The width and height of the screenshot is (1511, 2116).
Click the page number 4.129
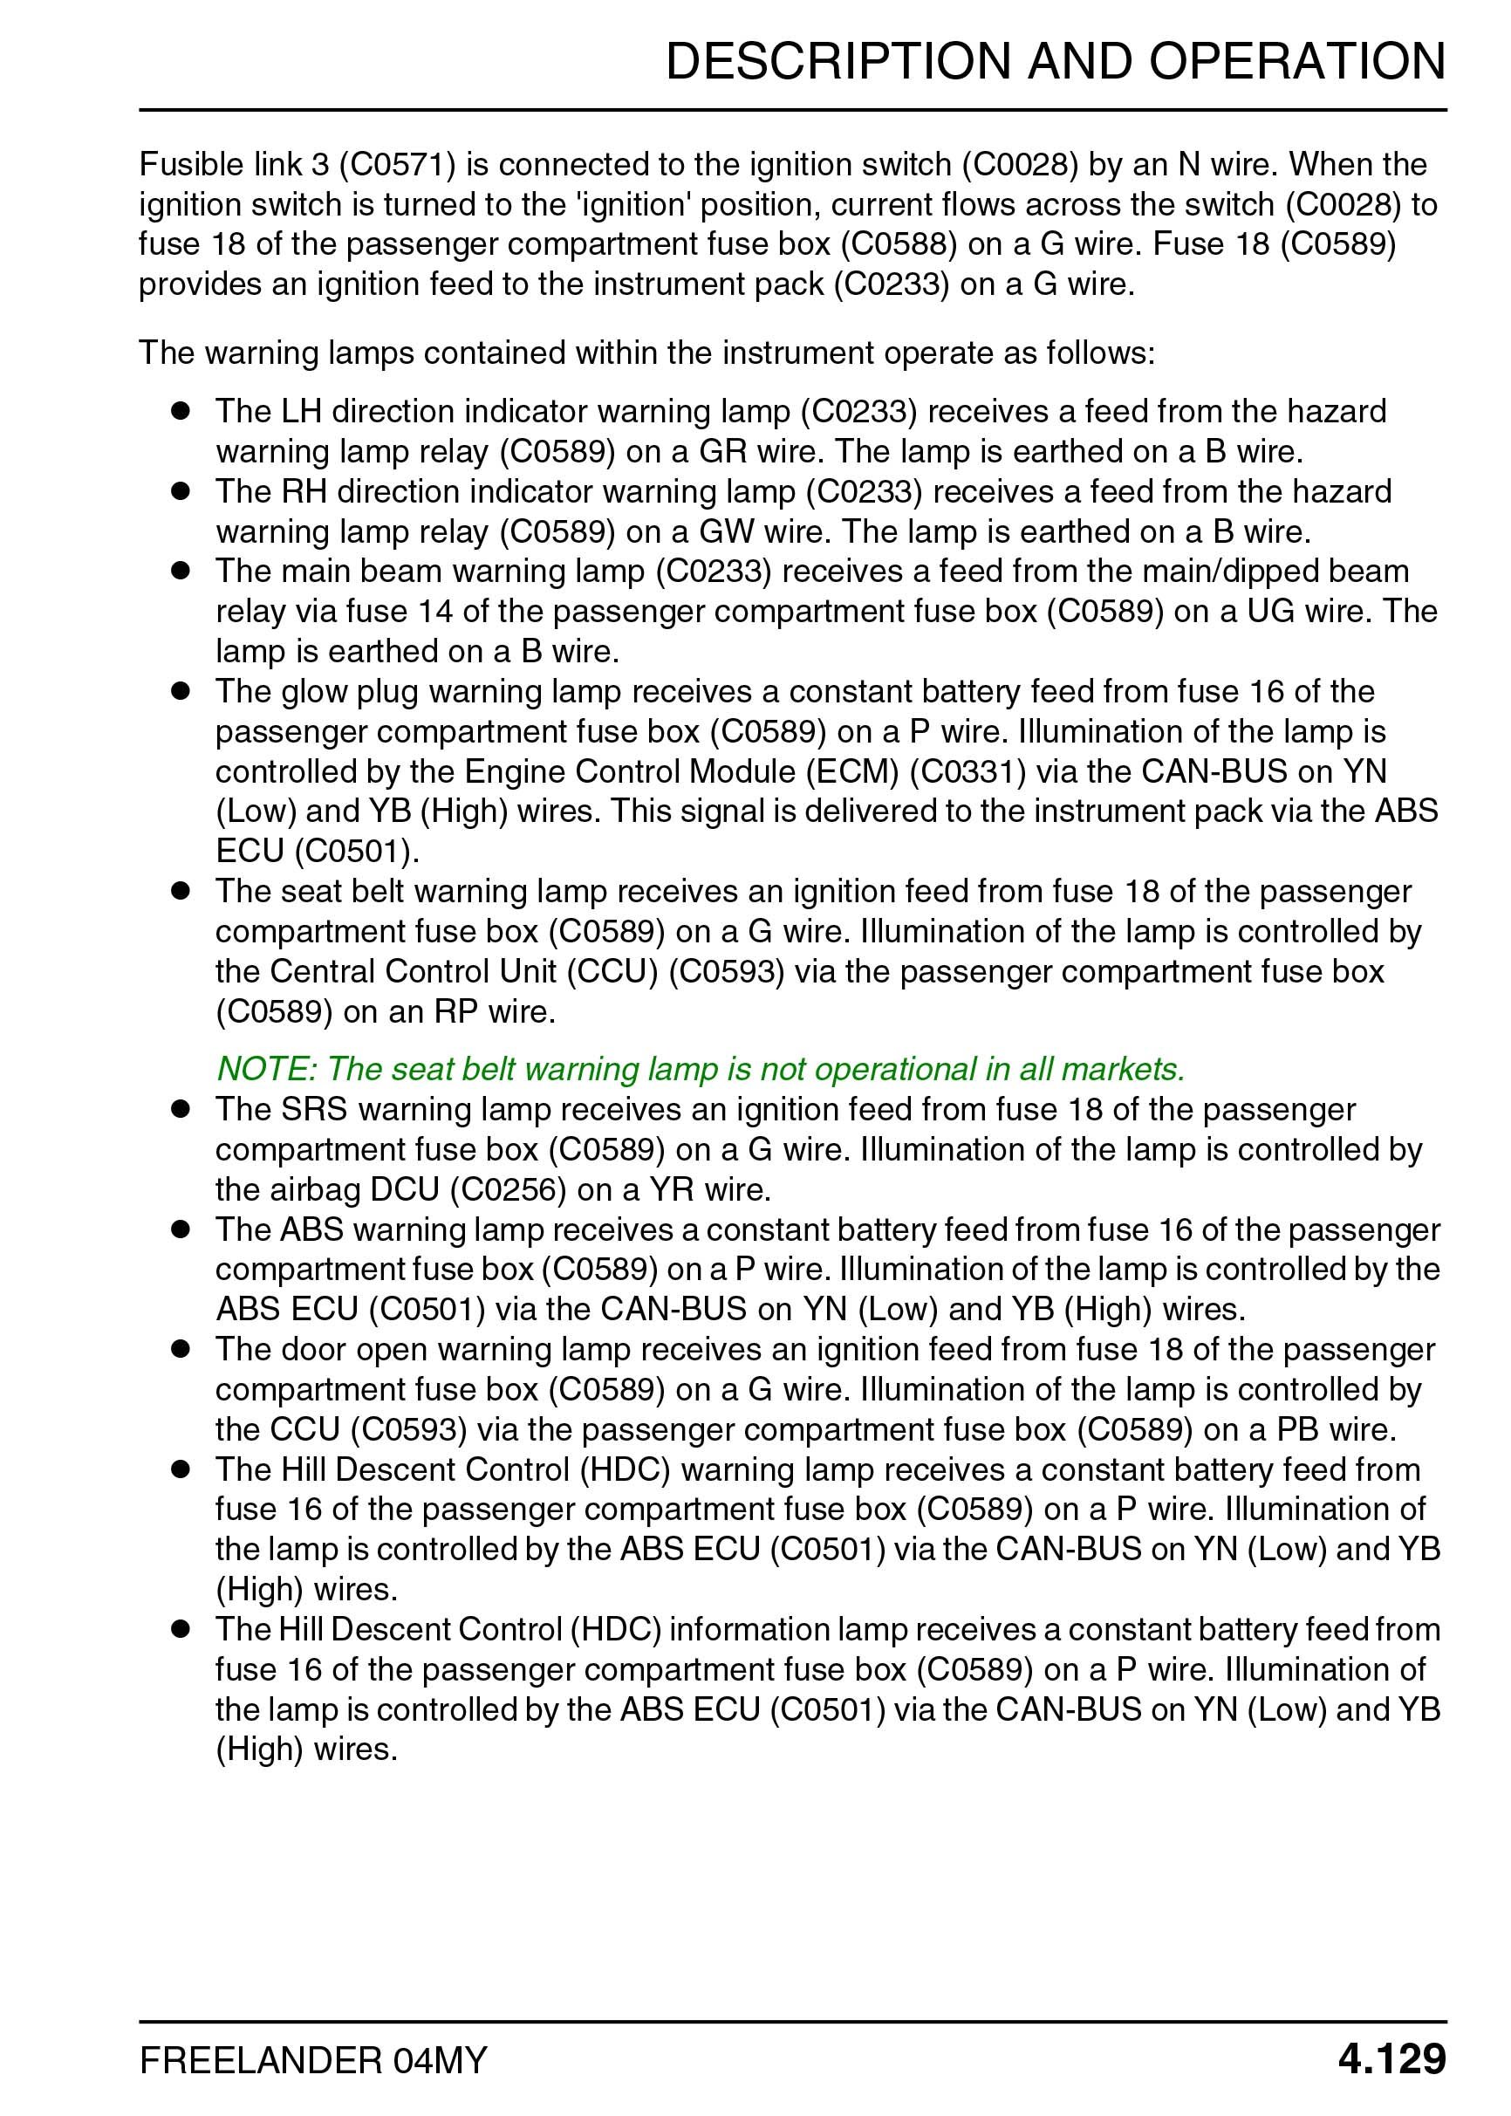[x=1391, y=2058]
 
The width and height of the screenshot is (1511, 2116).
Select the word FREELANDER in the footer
[x=261, y=2060]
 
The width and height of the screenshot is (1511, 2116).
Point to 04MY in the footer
[x=440, y=2060]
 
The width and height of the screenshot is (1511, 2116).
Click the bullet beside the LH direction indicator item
[x=180, y=410]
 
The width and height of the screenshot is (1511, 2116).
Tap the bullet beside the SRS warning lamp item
[x=180, y=1108]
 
